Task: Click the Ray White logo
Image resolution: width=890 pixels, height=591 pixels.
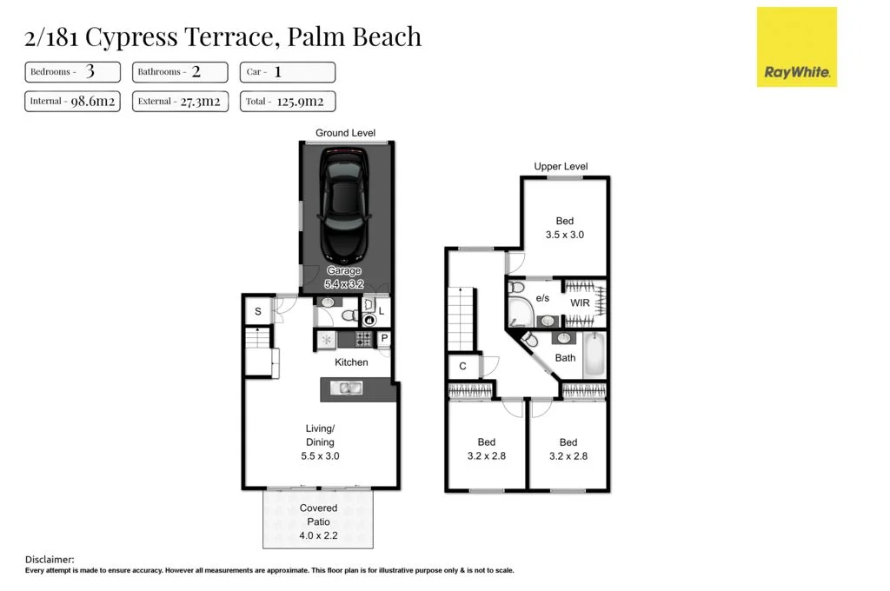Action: (797, 47)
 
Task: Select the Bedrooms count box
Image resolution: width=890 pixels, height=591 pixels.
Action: (73, 72)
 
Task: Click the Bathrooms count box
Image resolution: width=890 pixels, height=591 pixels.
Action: (180, 72)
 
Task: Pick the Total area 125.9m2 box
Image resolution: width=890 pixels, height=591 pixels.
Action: (287, 102)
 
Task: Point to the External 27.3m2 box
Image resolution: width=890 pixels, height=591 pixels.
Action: (180, 102)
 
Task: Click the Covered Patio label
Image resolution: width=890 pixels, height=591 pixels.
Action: (318, 515)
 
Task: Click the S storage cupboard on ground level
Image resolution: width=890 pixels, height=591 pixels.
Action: (258, 312)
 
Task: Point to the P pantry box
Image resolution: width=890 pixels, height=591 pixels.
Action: (383, 339)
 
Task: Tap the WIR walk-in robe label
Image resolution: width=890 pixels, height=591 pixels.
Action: (580, 303)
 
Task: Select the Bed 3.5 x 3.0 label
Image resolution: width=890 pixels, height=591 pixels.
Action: (564, 229)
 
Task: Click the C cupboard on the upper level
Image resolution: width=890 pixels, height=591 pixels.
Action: (462, 366)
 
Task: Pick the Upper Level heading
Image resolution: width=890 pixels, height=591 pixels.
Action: (561, 166)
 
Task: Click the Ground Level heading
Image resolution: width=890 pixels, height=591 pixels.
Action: (345, 133)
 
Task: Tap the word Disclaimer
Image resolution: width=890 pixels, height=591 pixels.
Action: (50, 560)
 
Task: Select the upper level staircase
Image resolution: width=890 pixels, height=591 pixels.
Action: (462, 318)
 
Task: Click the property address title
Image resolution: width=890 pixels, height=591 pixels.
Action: (222, 37)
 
